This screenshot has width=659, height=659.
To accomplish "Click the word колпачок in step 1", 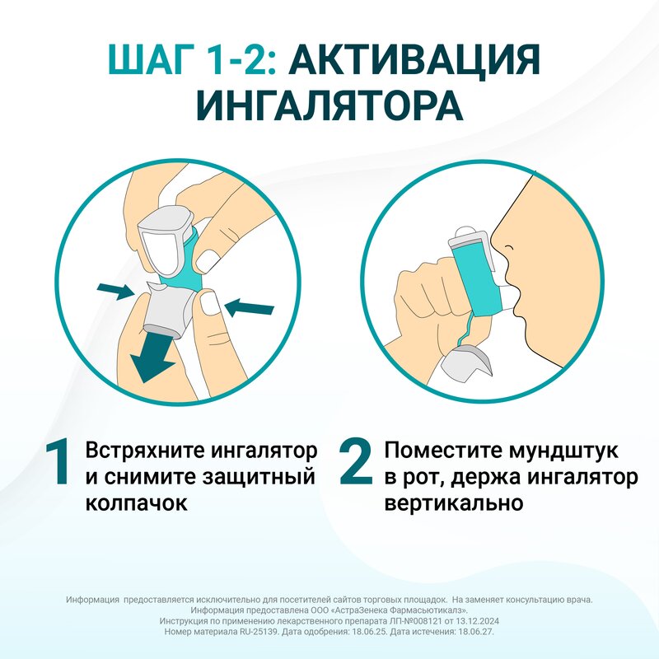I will click(x=135, y=502).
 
